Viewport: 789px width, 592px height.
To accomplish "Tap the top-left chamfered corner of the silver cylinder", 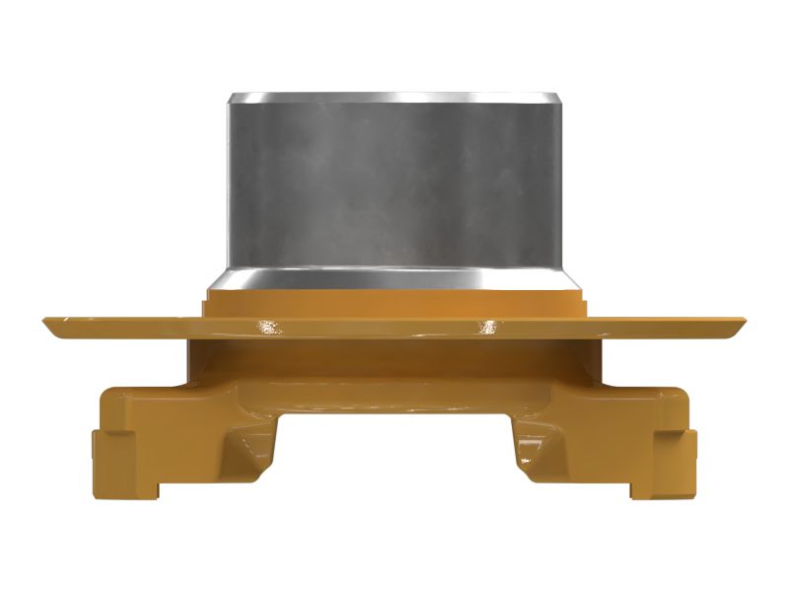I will point(232,100).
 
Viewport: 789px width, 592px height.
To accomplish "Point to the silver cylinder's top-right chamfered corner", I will point(557,100).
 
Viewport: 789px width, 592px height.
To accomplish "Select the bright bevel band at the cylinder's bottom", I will point(394,277).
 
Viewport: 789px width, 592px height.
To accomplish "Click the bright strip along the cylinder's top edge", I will point(394,98).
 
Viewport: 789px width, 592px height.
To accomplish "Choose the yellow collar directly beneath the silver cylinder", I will point(394,302).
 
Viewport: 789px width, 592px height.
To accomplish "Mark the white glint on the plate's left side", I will point(266,327).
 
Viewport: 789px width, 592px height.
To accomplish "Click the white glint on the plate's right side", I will point(488,326).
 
